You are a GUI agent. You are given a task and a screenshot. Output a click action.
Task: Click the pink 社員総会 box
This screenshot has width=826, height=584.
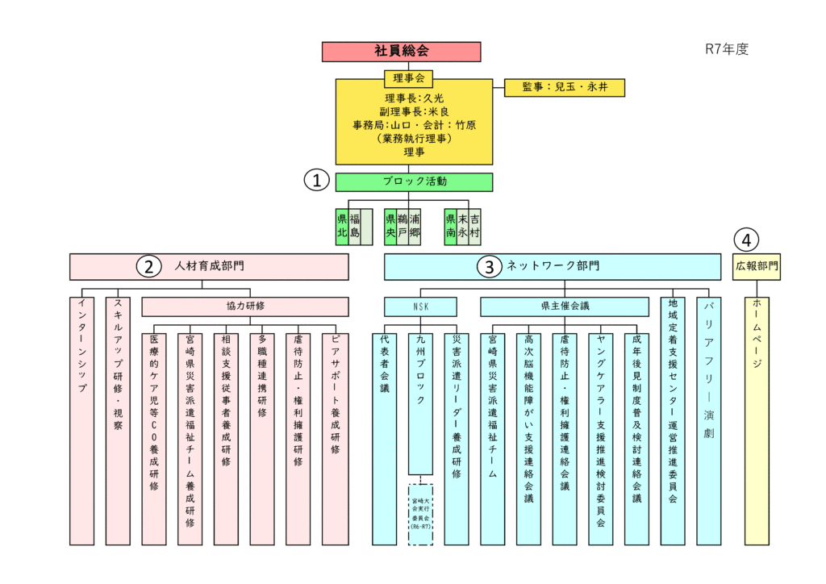point(401,52)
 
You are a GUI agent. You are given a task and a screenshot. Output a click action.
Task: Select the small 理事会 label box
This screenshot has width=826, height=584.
point(408,78)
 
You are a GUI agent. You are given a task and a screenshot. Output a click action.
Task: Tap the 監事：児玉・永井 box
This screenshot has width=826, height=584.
point(564,87)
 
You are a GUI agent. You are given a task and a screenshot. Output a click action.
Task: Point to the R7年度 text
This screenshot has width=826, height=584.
point(727,49)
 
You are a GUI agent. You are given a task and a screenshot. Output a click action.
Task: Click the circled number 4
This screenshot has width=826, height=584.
point(747,240)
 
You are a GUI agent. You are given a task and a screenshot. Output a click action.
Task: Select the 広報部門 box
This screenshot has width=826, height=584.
point(757,266)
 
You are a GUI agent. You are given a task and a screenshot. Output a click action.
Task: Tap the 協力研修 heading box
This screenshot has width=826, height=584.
point(245,307)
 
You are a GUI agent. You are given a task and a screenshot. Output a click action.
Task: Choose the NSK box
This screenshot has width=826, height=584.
point(419,307)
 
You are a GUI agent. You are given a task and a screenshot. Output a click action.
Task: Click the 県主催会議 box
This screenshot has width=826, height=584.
point(565,307)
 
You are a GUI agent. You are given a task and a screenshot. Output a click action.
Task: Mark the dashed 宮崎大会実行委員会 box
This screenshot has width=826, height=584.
point(420,514)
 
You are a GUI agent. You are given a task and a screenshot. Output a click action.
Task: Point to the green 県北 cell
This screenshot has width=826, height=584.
point(342,227)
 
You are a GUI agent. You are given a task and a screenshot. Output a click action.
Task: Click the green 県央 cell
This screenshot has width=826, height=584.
point(390,227)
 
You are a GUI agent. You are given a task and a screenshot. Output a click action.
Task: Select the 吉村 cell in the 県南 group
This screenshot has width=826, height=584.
point(475,227)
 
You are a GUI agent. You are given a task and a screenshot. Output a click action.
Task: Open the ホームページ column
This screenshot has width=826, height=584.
point(757,419)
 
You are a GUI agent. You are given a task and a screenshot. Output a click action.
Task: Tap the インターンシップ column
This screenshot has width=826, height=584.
point(81,419)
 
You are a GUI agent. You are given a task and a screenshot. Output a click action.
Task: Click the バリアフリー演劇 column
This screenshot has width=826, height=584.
point(708,419)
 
